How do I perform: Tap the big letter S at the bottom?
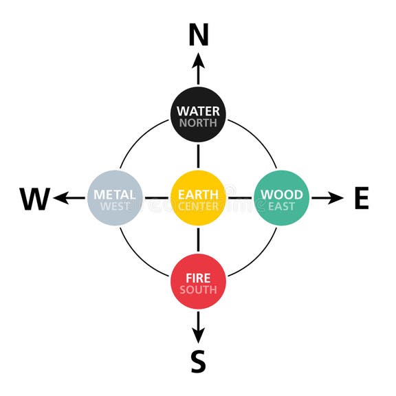tap(198, 362)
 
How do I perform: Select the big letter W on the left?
tap(34, 199)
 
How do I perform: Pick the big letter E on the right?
tap(362, 199)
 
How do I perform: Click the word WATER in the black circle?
tap(198, 111)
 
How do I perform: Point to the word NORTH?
tap(198, 124)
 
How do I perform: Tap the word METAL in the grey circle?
tap(115, 195)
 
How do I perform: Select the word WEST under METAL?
tap(115, 206)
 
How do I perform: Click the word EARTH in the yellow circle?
tap(198, 195)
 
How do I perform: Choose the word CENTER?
tap(198, 206)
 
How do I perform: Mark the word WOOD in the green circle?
tap(281, 195)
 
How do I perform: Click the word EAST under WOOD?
tap(281, 206)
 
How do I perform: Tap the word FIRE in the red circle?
tap(198, 278)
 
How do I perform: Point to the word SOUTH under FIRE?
tap(198, 289)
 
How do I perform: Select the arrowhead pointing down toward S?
tap(198, 337)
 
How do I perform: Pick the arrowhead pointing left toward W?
tap(60, 199)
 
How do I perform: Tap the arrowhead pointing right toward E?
tap(336, 199)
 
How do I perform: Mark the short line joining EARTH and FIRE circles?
tap(198, 239)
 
